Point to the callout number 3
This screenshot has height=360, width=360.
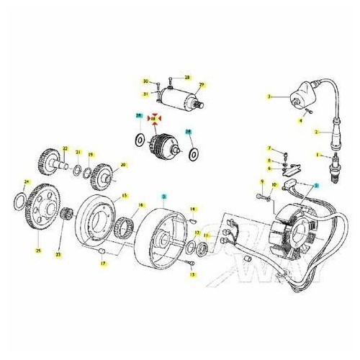tap(269, 96)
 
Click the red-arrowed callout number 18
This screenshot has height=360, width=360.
tap(153, 118)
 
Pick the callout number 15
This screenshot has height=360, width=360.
tap(125, 195)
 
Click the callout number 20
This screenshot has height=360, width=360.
tap(123, 165)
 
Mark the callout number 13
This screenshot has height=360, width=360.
tap(193, 274)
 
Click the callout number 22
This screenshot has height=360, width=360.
tap(64, 148)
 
